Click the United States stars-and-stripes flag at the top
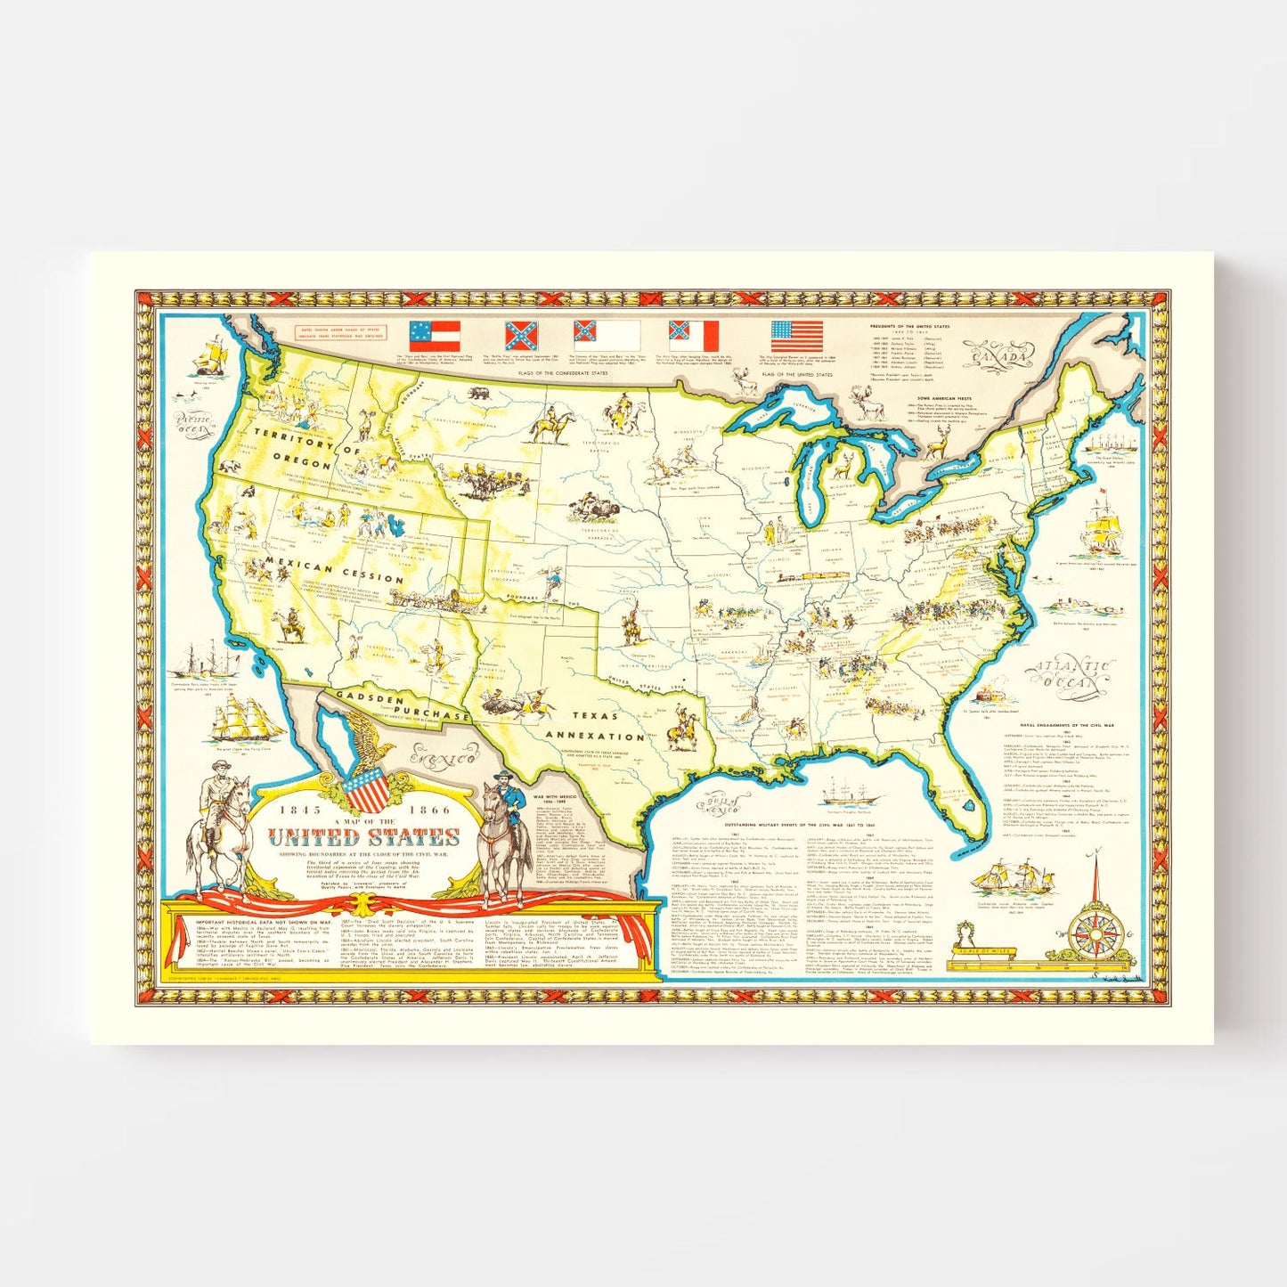(x=796, y=336)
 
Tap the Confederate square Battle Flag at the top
(x=522, y=336)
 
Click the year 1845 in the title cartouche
(x=295, y=810)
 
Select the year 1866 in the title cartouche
(x=431, y=810)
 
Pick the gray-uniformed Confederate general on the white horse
(x=214, y=828)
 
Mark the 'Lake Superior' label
(x=771, y=406)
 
